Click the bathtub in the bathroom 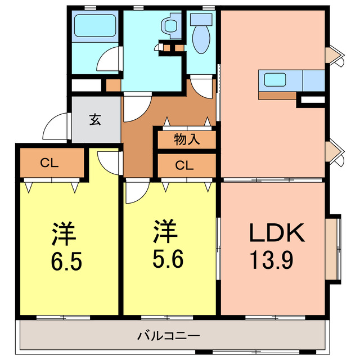pyautogui.click(x=94, y=26)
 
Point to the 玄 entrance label pyautogui.click(x=96, y=119)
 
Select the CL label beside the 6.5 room pyautogui.click(x=49, y=164)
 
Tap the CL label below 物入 pyautogui.click(x=185, y=165)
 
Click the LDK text pyautogui.click(x=276, y=233)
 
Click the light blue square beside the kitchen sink pyautogui.click(x=313, y=80)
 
